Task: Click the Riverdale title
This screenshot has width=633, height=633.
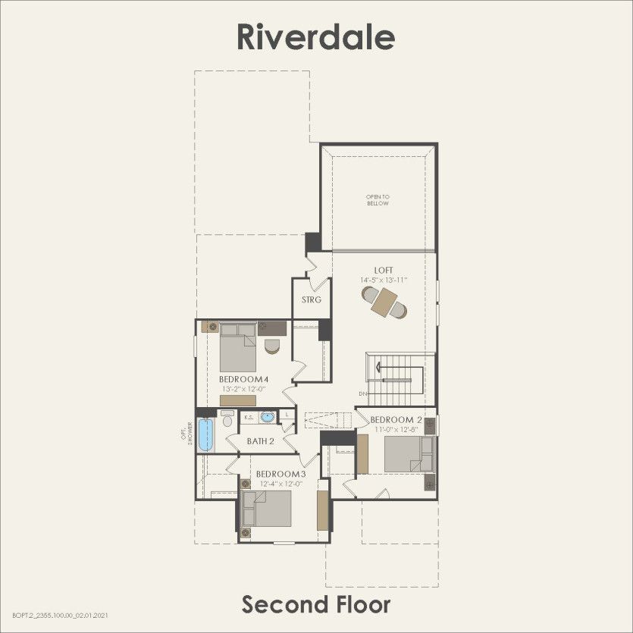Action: click(x=315, y=36)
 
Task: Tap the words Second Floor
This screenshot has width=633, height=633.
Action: click(x=316, y=604)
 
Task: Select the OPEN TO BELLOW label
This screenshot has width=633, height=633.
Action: click(x=377, y=200)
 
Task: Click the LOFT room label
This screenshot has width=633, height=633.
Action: click(x=384, y=270)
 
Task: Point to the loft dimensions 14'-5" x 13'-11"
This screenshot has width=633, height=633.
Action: click(x=384, y=280)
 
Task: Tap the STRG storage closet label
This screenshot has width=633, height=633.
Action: click(x=312, y=299)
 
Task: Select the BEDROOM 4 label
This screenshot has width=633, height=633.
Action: click(x=244, y=379)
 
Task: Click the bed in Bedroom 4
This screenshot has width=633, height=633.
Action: click(x=238, y=347)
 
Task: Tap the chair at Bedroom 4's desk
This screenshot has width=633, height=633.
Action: click(x=272, y=346)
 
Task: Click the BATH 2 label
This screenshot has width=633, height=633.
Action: click(x=260, y=440)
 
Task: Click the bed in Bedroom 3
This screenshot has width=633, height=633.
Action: click(x=266, y=509)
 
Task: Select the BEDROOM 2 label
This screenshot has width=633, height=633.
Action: click(x=396, y=420)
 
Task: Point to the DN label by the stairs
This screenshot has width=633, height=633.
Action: click(x=362, y=393)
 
